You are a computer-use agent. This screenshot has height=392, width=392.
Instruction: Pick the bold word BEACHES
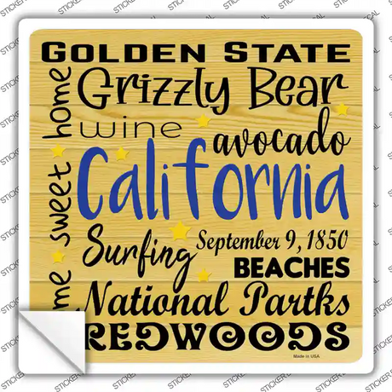click(x=291, y=267)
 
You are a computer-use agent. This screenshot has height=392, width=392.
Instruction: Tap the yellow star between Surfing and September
click(x=180, y=230)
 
